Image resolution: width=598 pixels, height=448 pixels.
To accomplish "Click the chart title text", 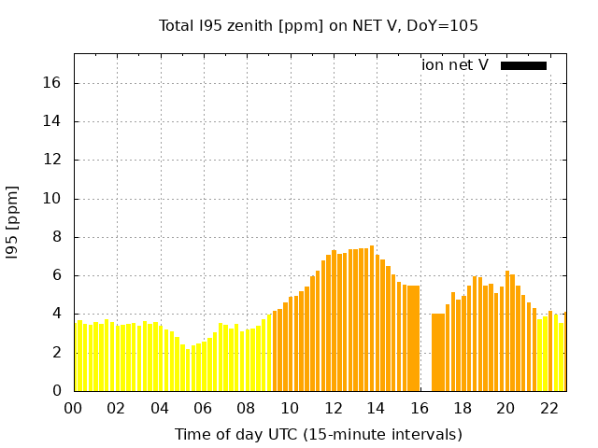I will pyautogui.click(x=319, y=25).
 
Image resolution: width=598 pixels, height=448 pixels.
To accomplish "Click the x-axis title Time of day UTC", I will pyautogui.click(x=319, y=434).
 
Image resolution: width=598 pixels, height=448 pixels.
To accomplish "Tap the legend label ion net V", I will pyautogui.click(x=455, y=65).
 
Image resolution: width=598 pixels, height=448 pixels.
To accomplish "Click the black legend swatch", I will pyautogui.click(x=523, y=65).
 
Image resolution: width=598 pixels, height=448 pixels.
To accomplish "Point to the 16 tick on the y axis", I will pyautogui.click(x=51, y=83).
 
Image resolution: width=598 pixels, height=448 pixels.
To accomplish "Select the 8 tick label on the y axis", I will pyautogui.click(x=56, y=237).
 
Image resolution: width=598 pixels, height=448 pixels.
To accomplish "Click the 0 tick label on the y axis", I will pyautogui.click(x=56, y=391).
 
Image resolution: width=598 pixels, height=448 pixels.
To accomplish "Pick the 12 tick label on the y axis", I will pyautogui.click(x=51, y=161).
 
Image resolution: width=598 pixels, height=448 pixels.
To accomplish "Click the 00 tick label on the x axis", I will pyautogui.click(x=73, y=408).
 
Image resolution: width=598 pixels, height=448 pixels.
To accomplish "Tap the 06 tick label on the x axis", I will pyautogui.click(x=203, y=408).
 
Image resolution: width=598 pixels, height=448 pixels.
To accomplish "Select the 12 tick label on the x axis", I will pyautogui.click(x=333, y=408).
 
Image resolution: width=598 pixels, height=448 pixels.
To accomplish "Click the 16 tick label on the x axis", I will pyautogui.click(x=420, y=408).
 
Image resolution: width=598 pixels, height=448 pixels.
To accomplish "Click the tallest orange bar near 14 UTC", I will pyautogui.click(x=372, y=317).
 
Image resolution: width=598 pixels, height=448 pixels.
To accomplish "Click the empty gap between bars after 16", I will pyautogui.click(x=425, y=355).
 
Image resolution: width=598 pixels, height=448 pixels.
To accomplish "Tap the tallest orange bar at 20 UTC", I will pyautogui.click(x=507, y=331).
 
